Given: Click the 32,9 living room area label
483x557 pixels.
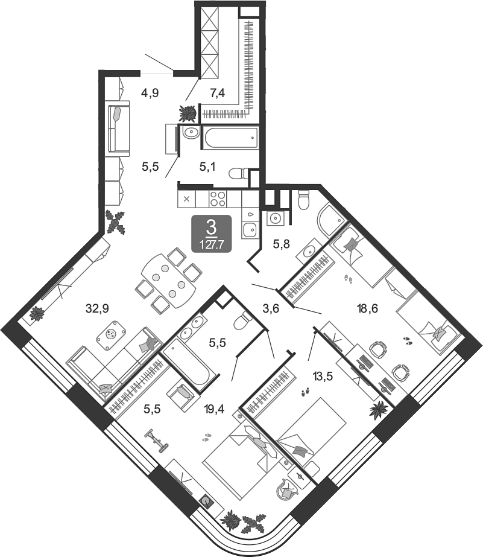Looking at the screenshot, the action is point(97,309).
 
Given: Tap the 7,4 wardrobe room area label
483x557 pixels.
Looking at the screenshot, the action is point(217,93).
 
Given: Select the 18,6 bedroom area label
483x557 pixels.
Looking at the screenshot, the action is point(368,308).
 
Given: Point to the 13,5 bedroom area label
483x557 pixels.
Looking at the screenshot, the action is point(323,376).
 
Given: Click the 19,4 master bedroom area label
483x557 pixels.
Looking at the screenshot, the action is point(214,409).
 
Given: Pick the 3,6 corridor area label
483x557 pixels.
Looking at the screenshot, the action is point(271,309).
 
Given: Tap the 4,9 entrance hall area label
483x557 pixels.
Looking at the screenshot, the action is point(150,93).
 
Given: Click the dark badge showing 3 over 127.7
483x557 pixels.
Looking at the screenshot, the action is point(212,234).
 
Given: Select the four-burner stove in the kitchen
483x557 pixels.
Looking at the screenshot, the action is point(218,199).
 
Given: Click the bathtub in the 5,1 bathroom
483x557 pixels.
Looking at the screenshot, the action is point(230,137).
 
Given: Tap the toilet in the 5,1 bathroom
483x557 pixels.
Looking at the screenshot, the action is point(239,174).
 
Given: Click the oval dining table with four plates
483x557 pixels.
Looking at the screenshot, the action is point(169,281).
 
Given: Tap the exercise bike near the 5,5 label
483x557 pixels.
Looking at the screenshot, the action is point(157,441).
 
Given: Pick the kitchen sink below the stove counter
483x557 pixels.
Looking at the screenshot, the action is point(250,229).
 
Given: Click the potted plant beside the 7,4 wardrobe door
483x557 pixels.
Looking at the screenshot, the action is point(188,113).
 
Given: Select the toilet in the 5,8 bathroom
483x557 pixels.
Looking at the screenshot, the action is point(304,199).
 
